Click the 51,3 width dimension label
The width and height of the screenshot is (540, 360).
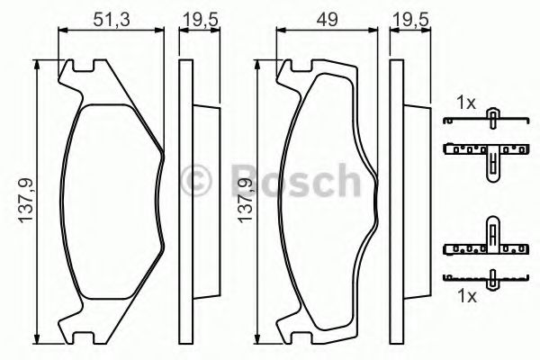point(112,19)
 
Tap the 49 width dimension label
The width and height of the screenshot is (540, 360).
point(328,19)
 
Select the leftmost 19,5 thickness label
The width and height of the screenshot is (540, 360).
point(201,20)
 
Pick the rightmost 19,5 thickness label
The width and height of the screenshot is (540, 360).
point(411,20)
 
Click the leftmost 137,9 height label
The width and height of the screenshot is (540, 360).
point(26,201)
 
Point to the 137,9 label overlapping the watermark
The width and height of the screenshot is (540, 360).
point(246,201)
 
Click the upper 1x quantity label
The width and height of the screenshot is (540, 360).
point(466,103)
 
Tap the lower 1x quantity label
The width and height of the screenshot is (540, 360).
point(467,296)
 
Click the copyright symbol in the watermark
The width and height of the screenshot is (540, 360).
point(195,181)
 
